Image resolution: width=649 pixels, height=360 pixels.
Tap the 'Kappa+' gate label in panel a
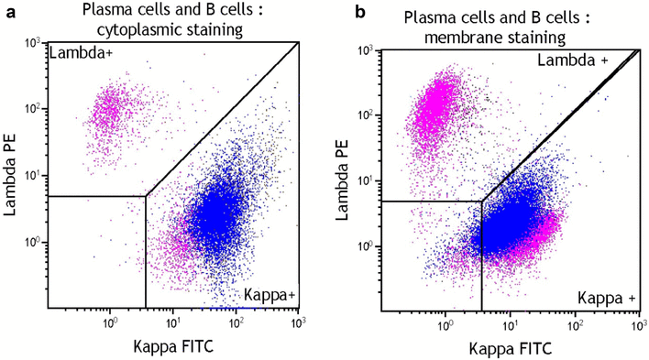269,295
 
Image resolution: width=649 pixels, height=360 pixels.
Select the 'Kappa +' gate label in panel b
604,299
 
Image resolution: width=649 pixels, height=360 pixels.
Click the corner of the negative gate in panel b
482,201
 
